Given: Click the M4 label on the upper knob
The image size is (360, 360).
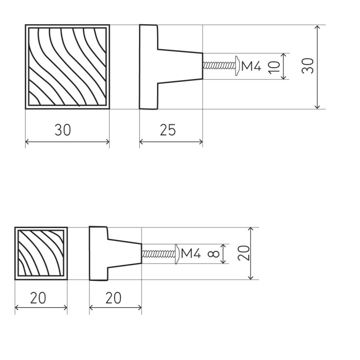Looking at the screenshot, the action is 251,66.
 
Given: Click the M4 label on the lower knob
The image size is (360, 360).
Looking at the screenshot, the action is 191,254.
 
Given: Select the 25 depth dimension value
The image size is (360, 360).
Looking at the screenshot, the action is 168,130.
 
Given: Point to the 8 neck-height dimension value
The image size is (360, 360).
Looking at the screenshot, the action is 213,254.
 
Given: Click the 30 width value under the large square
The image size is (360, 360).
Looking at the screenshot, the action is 63,130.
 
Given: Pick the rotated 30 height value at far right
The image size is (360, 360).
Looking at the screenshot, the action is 308,66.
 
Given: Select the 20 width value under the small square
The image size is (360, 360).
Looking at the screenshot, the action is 38,298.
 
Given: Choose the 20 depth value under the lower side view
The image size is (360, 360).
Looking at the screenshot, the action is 114,298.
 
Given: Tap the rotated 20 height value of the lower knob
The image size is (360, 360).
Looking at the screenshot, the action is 244,253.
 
